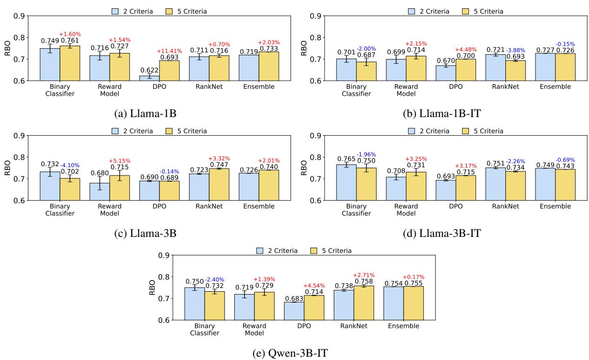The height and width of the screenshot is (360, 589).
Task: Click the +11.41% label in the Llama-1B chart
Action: click(x=170, y=51)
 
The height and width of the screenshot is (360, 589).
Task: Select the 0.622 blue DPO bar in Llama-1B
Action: click(x=149, y=78)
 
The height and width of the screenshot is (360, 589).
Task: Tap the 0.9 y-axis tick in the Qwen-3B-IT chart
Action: click(x=164, y=255)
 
